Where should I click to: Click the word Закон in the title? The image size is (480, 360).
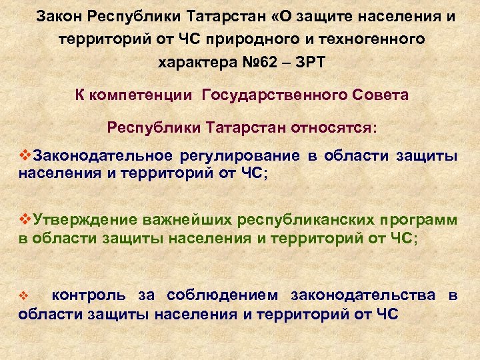point(60,16)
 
